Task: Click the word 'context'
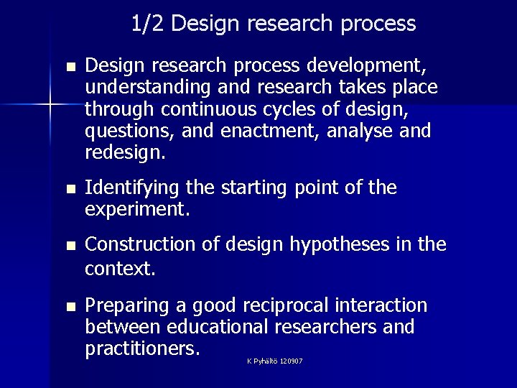pyautogui.click(x=116, y=268)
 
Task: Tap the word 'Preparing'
pyautogui.click(x=126, y=306)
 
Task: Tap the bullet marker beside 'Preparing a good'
pyautogui.click(x=70, y=307)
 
